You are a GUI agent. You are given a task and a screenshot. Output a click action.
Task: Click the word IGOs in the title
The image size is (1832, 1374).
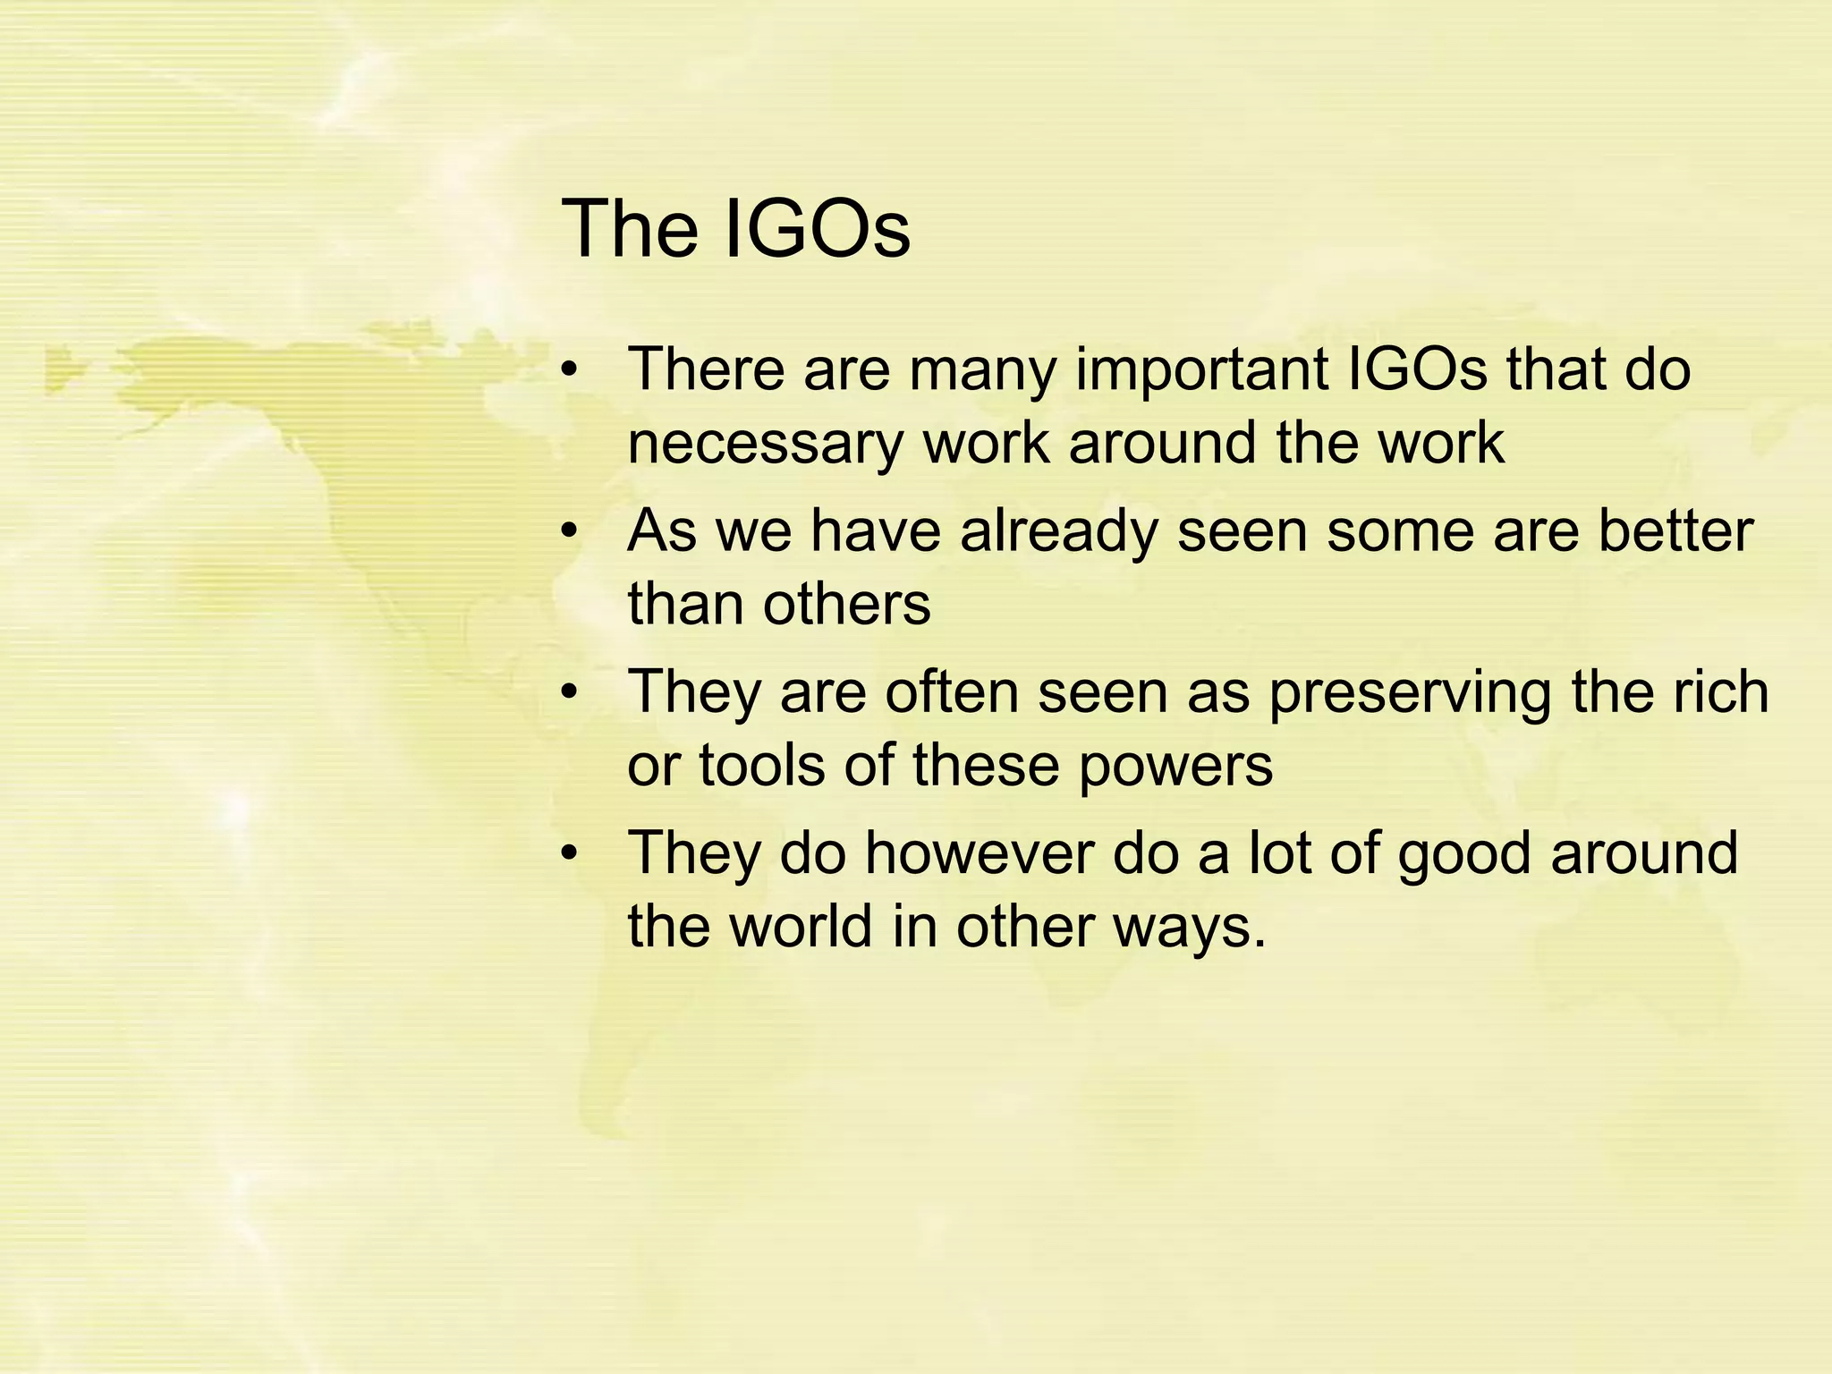[815, 230]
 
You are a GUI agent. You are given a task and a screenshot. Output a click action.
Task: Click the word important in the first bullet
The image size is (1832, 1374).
[1201, 370]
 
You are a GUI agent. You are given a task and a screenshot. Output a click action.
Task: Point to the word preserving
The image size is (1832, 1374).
[1409, 694]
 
